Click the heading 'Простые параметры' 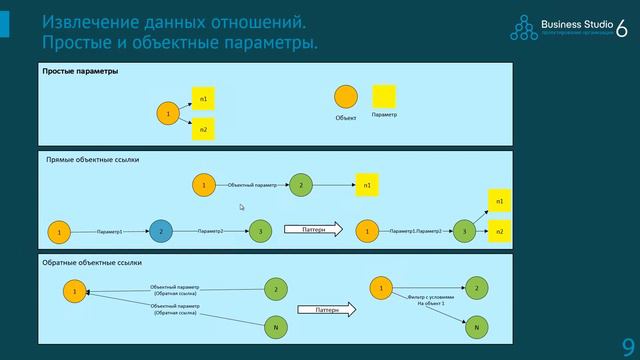(x=80, y=72)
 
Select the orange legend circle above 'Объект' (x=345, y=97)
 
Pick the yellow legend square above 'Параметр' (x=384, y=96)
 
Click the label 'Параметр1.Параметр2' (x=415, y=232)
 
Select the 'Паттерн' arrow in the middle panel (x=313, y=230)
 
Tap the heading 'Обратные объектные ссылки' (x=92, y=263)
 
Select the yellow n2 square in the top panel (x=204, y=130)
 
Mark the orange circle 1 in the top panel (x=168, y=114)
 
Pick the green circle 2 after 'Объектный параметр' (x=300, y=185)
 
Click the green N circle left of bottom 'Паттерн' (x=275, y=328)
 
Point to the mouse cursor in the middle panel (x=241, y=207)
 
